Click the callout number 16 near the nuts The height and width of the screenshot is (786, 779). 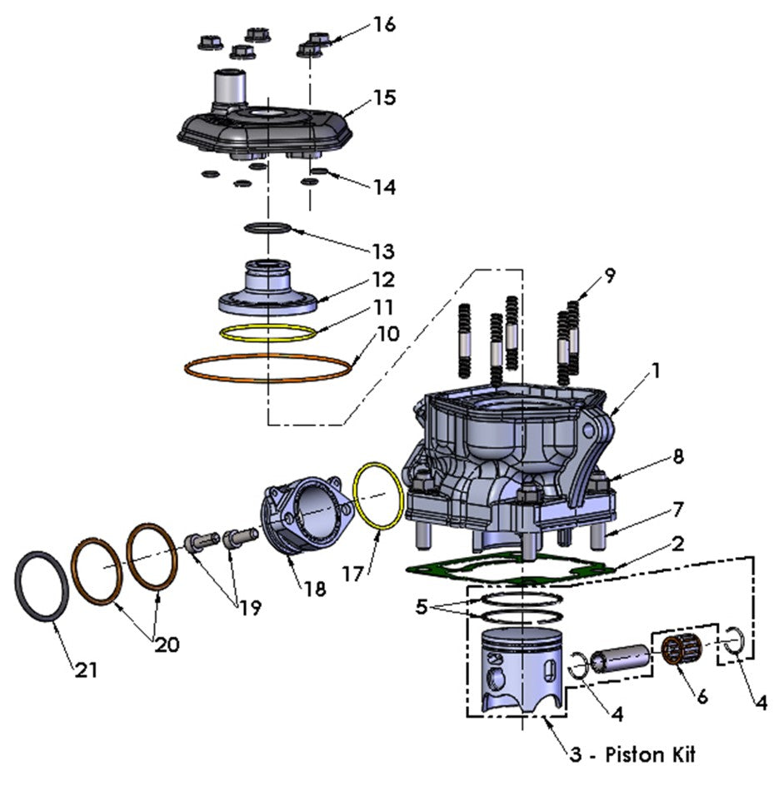[x=383, y=24]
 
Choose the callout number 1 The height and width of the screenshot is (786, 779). [x=656, y=371]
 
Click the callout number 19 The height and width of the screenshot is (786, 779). [x=247, y=608]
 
